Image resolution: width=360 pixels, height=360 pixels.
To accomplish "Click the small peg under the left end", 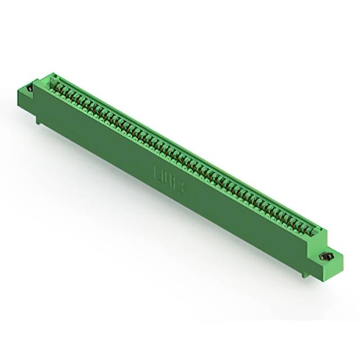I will pos(38,120).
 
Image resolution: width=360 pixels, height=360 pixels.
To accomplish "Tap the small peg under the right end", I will pos(304,273).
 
